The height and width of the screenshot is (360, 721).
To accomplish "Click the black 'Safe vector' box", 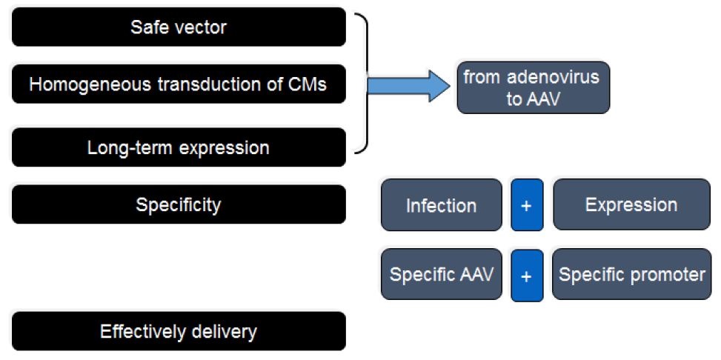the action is point(179,27).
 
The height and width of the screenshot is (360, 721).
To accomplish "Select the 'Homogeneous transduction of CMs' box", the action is point(179,84).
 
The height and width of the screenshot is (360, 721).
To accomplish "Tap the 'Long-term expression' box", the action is point(179,147).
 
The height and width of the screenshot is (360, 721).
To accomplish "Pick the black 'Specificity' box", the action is point(179,204).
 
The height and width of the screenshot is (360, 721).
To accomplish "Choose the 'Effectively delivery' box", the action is point(179,331).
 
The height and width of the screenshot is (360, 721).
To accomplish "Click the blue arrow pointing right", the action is point(409,85).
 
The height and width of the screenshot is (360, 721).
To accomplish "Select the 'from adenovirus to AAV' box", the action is point(533,87).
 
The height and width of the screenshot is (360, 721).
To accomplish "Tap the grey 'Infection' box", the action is point(442,204).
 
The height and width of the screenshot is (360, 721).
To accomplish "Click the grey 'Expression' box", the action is point(632,204).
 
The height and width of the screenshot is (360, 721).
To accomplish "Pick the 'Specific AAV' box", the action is point(442,274).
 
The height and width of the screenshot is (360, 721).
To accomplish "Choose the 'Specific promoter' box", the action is point(632,274).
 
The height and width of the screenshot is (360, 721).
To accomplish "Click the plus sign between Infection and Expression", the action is point(527,205).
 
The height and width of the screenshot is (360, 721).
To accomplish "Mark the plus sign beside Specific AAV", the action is point(527,276).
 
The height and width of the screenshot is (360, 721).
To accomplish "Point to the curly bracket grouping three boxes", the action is point(367,83).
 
